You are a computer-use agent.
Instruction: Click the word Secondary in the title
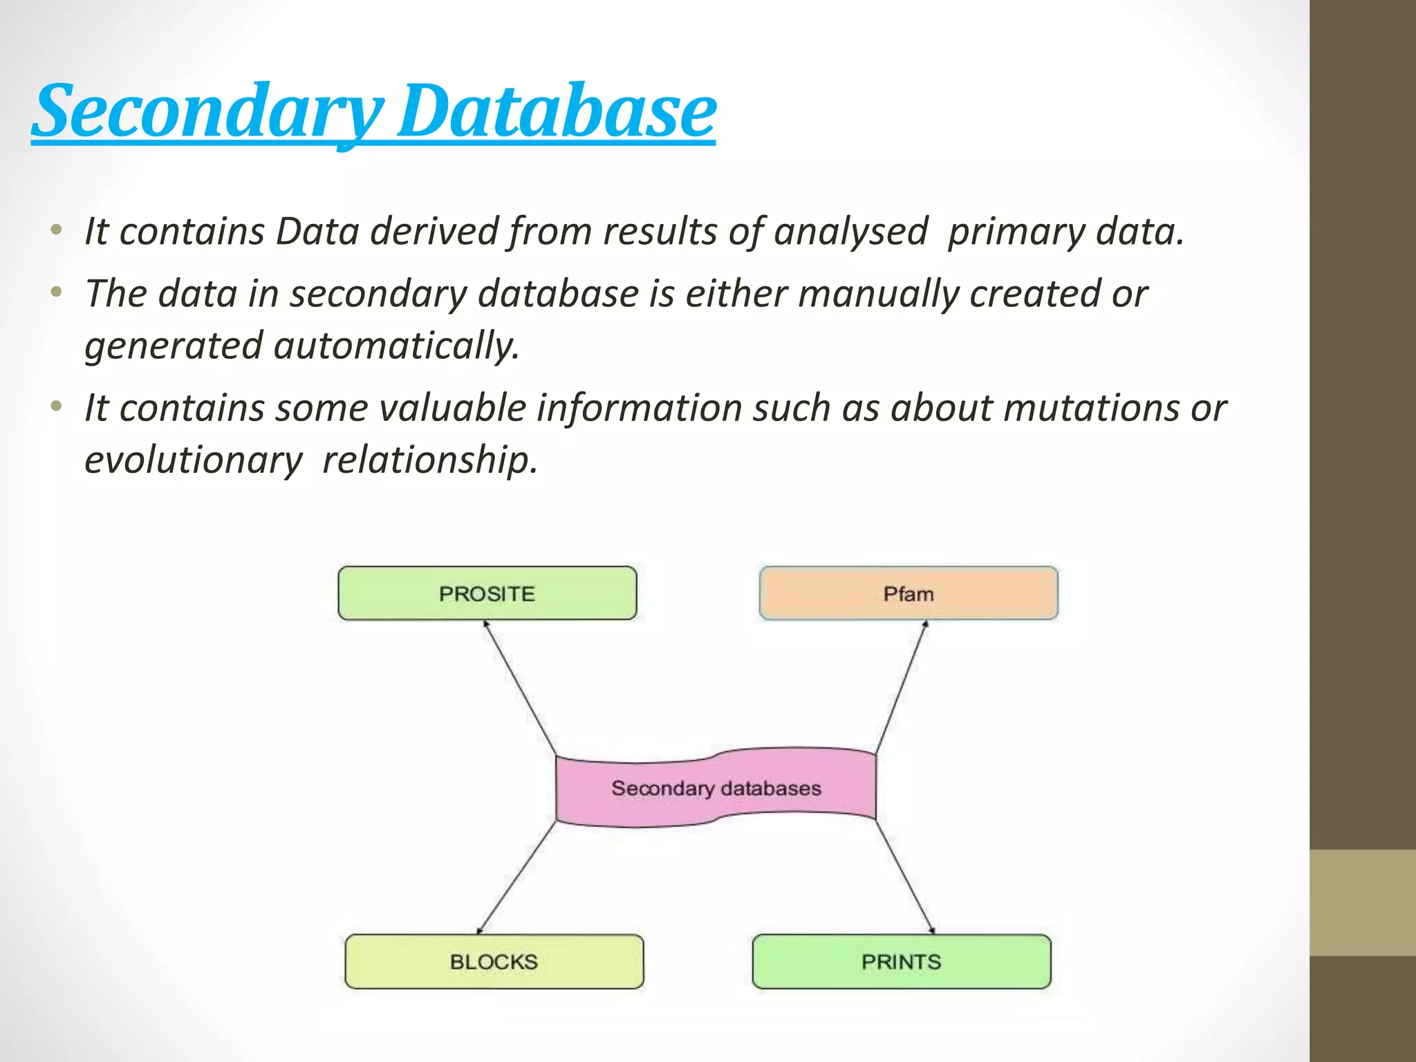(x=207, y=111)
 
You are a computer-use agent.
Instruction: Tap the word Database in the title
(x=557, y=111)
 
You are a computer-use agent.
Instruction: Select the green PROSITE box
(x=487, y=593)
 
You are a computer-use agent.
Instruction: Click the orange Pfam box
(x=908, y=593)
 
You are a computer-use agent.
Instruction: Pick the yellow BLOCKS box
(x=494, y=961)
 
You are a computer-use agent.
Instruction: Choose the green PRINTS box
(x=901, y=961)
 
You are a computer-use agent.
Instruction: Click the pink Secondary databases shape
(x=716, y=788)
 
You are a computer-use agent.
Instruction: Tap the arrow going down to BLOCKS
(x=516, y=877)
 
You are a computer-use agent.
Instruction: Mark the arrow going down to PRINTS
(x=905, y=877)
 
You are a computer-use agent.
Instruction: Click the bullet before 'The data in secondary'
(x=57, y=292)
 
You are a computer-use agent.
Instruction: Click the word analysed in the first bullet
(x=850, y=231)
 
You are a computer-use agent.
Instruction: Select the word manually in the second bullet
(x=878, y=294)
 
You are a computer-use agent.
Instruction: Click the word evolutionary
(x=193, y=460)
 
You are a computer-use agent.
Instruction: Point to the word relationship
(x=429, y=460)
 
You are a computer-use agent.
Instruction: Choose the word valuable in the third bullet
(x=452, y=408)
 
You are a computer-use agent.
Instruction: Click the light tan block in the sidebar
(x=1362, y=902)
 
